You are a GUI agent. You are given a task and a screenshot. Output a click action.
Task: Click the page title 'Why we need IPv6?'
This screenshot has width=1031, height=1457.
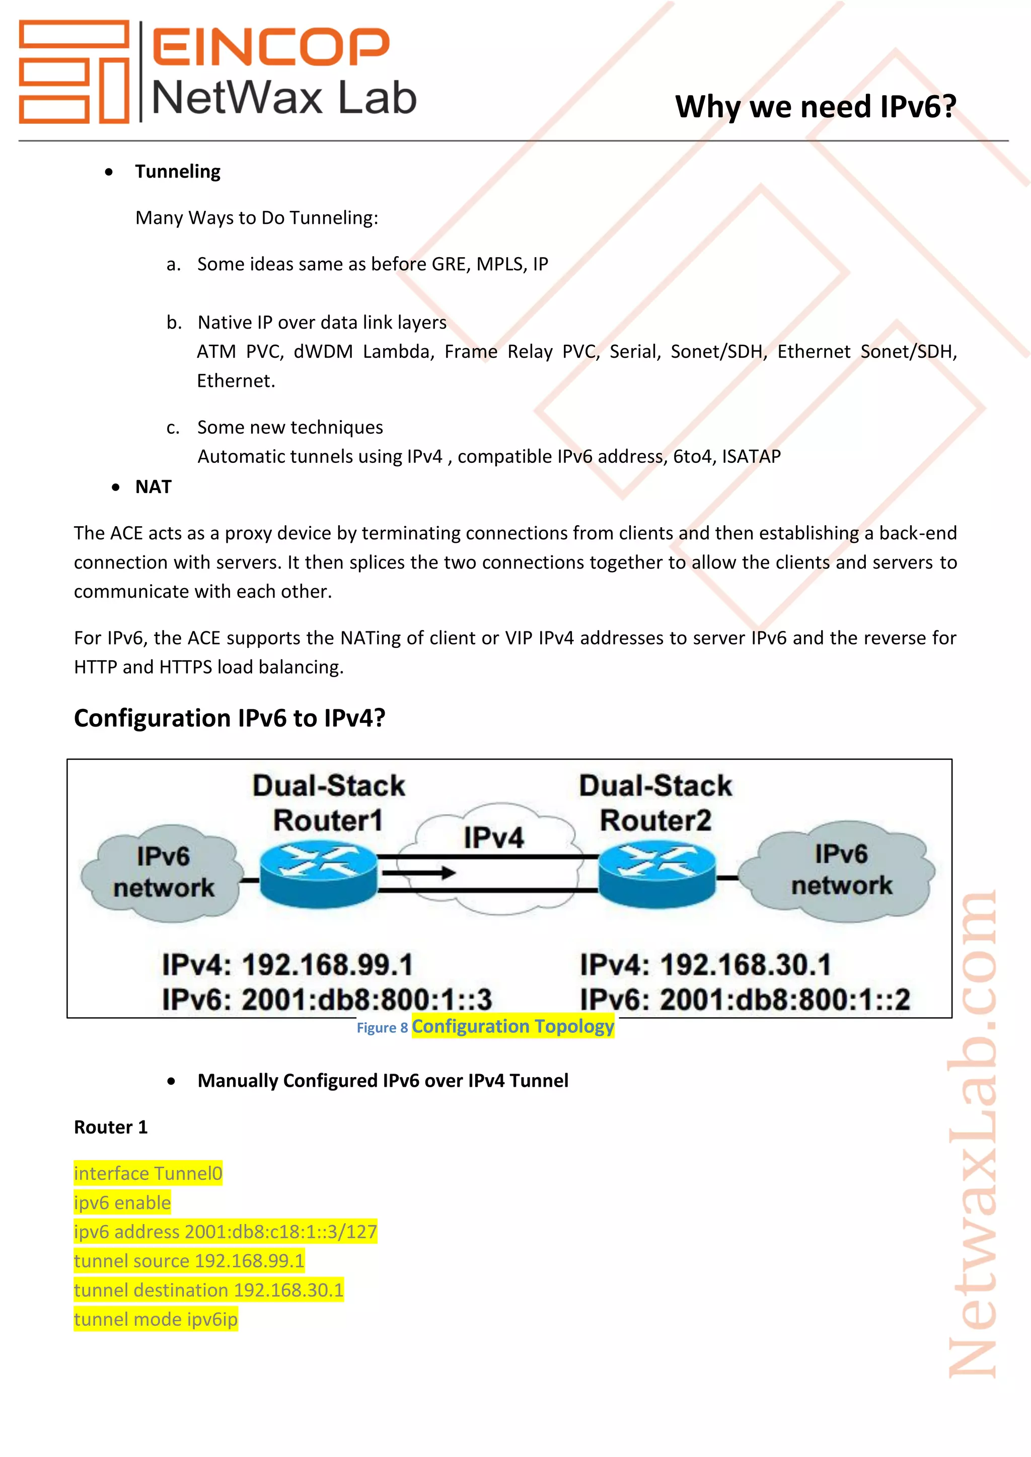coord(815,107)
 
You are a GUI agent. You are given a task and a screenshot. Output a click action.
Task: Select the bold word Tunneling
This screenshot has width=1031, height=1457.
coord(178,172)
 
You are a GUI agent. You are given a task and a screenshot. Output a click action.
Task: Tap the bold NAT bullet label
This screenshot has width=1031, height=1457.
coord(153,487)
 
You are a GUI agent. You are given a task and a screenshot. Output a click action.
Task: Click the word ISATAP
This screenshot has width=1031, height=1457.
coord(751,456)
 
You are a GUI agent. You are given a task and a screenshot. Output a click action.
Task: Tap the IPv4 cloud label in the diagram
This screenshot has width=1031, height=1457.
coord(493,838)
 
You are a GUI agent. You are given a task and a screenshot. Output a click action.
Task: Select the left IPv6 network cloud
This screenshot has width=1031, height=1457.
coord(163,872)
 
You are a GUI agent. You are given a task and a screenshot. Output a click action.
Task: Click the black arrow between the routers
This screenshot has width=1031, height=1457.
coord(419,873)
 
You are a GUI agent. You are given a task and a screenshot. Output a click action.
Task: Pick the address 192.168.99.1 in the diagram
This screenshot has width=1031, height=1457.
coord(328,964)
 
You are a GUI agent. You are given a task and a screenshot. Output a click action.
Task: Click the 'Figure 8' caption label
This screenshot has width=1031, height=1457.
coord(382,1027)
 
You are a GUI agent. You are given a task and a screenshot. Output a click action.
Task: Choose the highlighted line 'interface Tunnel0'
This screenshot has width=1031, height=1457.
coord(148,1173)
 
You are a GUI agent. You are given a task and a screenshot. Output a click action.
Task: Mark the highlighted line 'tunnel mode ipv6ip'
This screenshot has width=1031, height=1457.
coord(156,1319)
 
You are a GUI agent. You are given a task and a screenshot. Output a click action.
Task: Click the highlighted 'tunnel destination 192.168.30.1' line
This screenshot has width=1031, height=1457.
coord(208,1290)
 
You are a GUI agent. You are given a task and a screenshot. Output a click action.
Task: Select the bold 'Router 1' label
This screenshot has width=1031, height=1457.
coord(110,1127)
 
